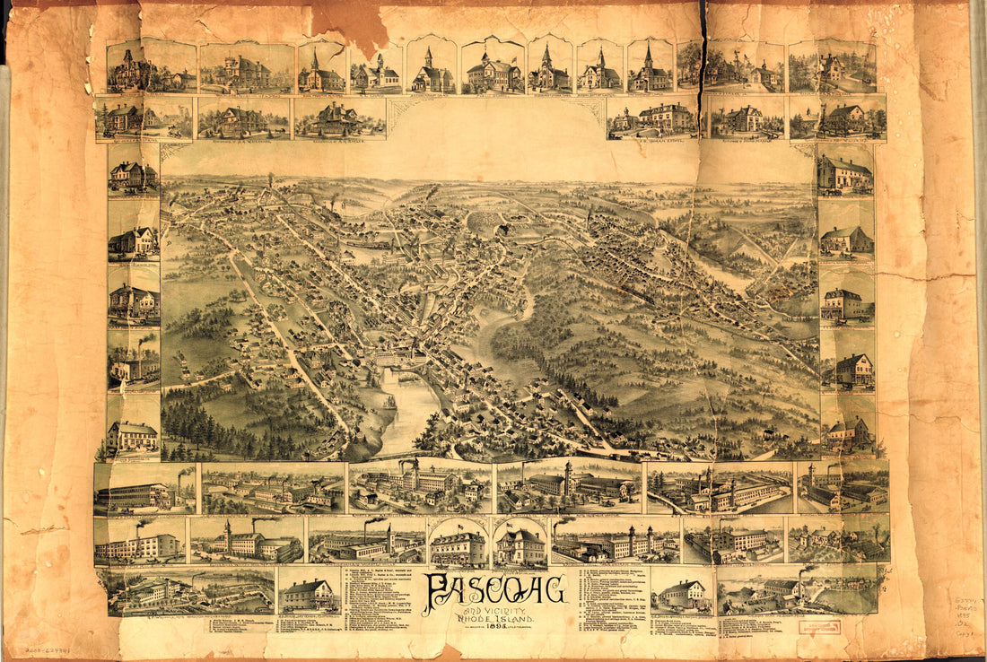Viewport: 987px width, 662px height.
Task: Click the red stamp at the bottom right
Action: (x=819, y=627)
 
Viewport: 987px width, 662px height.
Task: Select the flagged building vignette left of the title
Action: (x=458, y=544)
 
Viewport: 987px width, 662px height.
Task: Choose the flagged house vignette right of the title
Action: (x=520, y=544)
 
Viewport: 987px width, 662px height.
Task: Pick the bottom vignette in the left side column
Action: (x=132, y=434)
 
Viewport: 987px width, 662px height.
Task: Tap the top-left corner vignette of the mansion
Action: (x=130, y=68)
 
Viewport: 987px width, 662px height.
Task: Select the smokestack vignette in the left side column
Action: (x=133, y=359)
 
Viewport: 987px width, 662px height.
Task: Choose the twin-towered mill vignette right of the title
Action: (x=616, y=542)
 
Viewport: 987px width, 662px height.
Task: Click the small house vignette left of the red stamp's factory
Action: (x=682, y=592)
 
